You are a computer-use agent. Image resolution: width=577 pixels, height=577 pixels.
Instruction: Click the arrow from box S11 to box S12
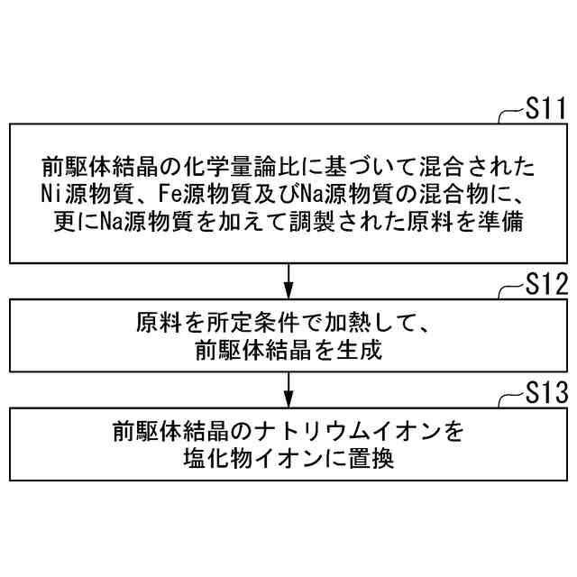pyautogui.click(x=288, y=280)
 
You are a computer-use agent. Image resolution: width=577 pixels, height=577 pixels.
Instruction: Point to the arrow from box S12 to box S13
pyautogui.click(x=288, y=388)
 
